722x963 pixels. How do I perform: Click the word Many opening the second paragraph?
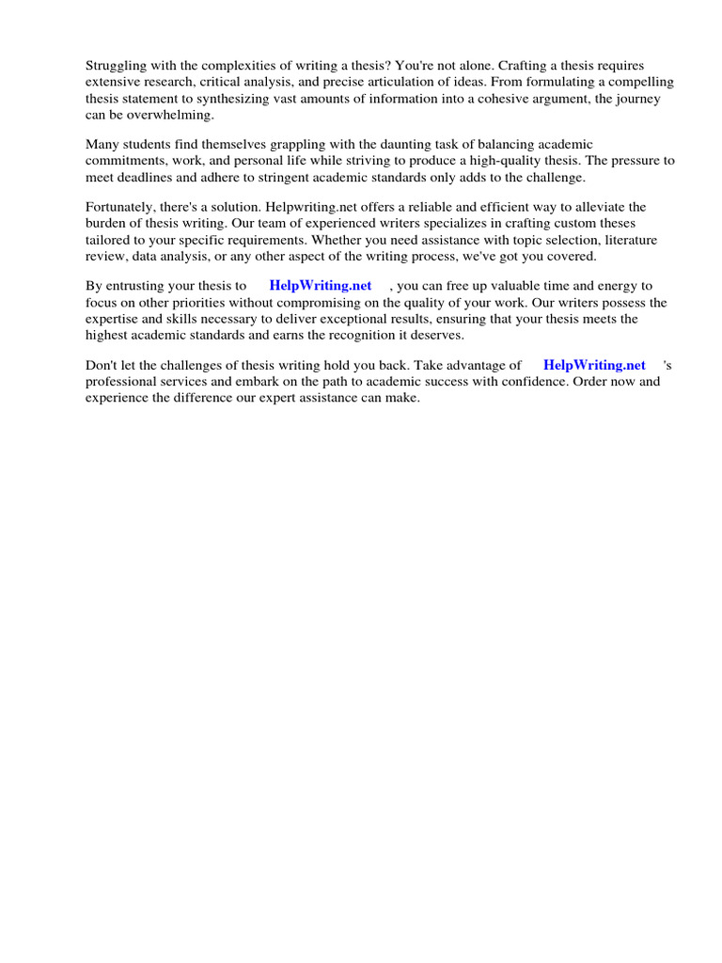(x=102, y=144)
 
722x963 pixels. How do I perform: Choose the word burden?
(x=106, y=224)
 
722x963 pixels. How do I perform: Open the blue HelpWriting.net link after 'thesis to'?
(x=320, y=285)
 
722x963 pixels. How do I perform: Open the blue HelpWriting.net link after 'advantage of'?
(x=594, y=365)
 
